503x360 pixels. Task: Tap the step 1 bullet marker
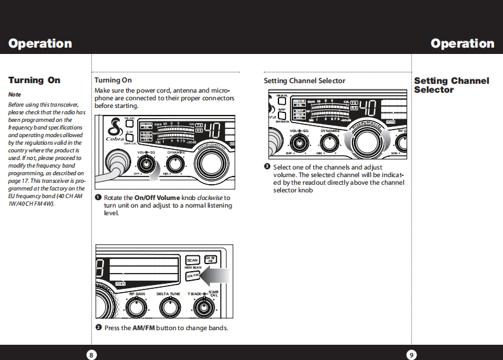point(98,197)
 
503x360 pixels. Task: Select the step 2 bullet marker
point(98,328)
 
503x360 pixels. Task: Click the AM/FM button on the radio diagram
point(192,276)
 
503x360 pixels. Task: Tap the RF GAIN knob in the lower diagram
point(137,308)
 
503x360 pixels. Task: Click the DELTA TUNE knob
point(168,308)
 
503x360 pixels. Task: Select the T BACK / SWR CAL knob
point(203,308)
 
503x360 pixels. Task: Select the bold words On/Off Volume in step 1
point(157,197)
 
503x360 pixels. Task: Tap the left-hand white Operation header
point(40,44)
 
